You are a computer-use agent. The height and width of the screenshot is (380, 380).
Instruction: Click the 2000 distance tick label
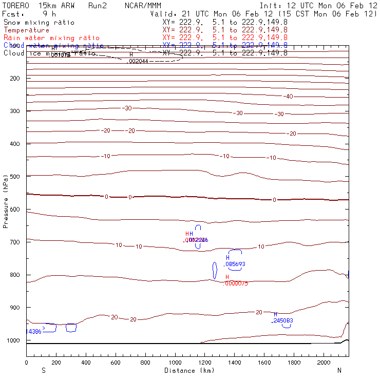324,363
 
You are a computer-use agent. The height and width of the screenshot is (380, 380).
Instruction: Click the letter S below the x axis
43,370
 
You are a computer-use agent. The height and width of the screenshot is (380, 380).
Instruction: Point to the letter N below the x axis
339,370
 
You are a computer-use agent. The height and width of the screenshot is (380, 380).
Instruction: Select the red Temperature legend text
26,30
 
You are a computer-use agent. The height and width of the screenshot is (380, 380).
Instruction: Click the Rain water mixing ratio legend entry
51,38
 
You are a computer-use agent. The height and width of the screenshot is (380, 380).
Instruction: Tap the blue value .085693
235,264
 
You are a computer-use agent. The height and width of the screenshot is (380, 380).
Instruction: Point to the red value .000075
236,283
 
